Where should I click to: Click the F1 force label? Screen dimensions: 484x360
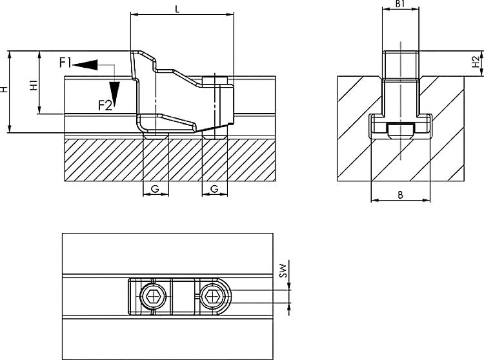pos(65,63)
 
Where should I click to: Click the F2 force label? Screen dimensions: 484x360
pos(105,106)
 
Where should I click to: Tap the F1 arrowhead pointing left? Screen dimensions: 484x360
pos(85,65)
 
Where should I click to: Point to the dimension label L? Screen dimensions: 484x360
pos(177,9)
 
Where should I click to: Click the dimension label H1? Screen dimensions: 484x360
pos(34,85)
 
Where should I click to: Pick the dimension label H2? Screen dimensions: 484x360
pos(477,61)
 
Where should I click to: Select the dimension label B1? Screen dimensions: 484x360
pos(400,4)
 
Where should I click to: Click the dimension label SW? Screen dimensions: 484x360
pos(284,270)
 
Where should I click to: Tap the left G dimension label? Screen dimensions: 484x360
pos(155,188)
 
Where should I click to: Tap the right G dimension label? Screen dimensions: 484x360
pos(214,188)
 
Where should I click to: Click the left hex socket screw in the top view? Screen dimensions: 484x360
pos(153,297)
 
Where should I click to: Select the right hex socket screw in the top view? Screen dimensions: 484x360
pos(213,297)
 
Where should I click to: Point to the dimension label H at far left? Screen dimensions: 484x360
pos(4,90)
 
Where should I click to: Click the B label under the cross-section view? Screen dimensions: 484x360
pos(400,195)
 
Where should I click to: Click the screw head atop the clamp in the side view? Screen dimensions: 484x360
pos(215,80)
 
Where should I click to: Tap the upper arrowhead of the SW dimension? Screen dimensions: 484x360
pos(288,286)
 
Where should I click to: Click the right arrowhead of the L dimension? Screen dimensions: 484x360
pos(230,14)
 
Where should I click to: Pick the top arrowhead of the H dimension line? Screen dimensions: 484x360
pos(10,55)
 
